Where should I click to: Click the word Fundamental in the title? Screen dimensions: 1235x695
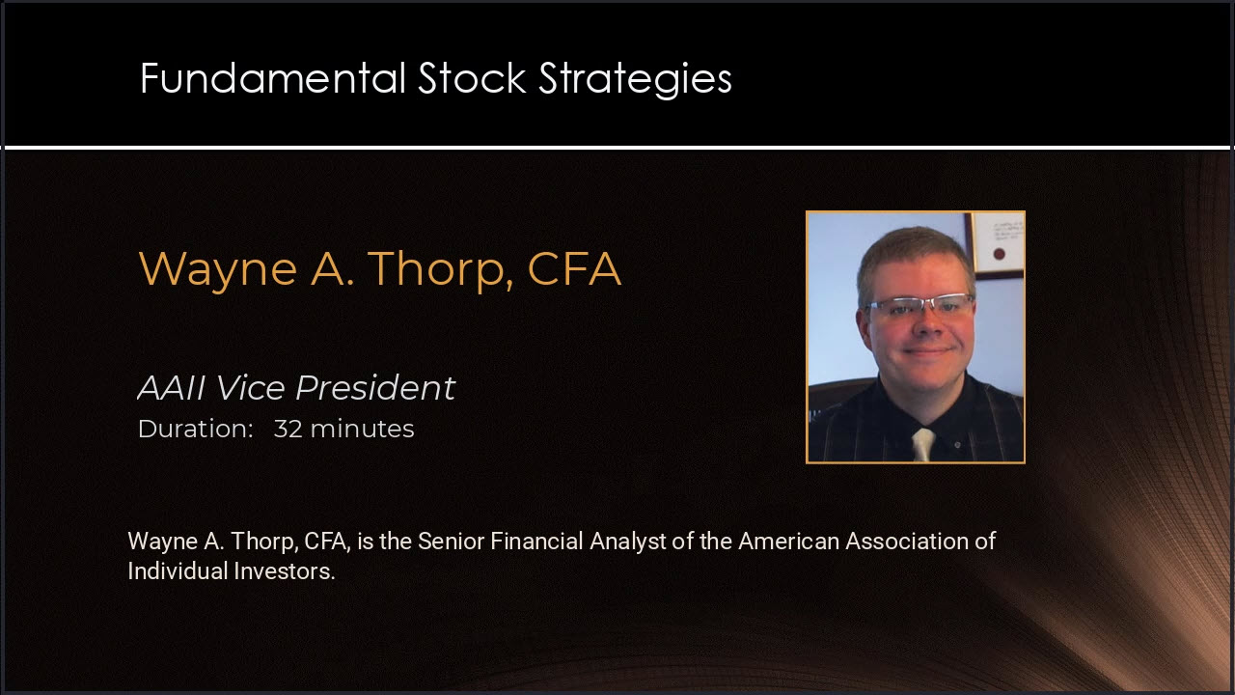tap(273, 78)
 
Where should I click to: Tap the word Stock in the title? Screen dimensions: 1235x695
tap(472, 78)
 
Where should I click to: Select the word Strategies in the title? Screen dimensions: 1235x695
tap(635, 80)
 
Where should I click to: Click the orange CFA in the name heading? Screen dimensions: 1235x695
tap(574, 268)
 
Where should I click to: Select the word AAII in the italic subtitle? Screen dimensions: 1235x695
tap(172, 387)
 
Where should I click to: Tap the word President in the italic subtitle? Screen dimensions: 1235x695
tap(375, 387)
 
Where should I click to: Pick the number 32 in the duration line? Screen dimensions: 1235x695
tap(288, 429)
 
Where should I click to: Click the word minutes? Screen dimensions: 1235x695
tap(362, 429)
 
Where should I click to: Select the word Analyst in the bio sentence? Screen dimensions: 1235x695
tap(627, 542)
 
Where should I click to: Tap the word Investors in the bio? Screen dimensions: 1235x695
tap(285, 570)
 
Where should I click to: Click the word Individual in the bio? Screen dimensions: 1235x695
tap(178, 570)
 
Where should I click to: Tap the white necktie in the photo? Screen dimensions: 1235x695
tap(923, 444)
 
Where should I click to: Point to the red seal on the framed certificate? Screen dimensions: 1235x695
tap(999, 254)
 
